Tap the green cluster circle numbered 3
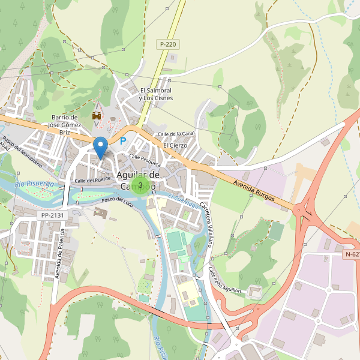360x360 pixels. [x=140, y=185]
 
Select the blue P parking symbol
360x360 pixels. [x=123, y=142]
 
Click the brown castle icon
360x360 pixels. [x=96, y=115]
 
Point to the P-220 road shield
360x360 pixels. [x=168, y=44]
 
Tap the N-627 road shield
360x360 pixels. [x=352, y=254]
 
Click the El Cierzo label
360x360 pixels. [x=175, y=145]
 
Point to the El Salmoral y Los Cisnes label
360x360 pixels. [x=155, y=94]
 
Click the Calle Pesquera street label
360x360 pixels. [x=145, y=160]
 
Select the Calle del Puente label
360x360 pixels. [x=93, y=179]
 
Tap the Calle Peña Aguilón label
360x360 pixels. [x=224, y=280]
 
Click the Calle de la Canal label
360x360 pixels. [x=176, y=133]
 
